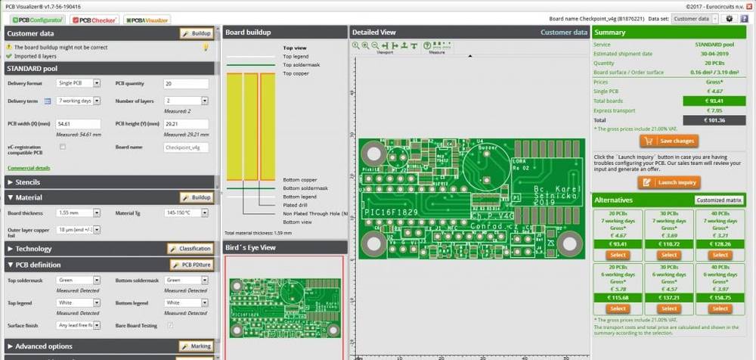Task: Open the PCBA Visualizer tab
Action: pyautogui.click(x=147, y=19)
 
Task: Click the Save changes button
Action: pyautogui.click(x=669, y=141)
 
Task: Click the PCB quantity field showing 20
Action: pyautogui.click(x=185, y=83)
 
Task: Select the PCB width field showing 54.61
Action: pyautogui.click(x=78, y=123)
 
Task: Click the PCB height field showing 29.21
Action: pyautogui.click(x=185, y=123)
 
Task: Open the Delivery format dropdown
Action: pyautogui.click(x=78, y=83)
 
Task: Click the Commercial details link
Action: pyautogui.click(x=29, y=168)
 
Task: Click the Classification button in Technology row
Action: pyautogui.click(x=190, y=249)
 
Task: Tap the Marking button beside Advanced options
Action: pyautogui.click(x=196, y=346)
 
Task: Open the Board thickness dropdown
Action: pyautogui.click(x=78, y=213)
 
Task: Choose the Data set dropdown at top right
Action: pyautogui.click(x=691, y=19)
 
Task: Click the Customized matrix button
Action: pyautogui.click(x=717, y=200)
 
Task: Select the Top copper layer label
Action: pyautogui.click(x=296, y=73)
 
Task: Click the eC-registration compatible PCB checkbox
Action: pyautogui.click(x=63, y=147)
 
